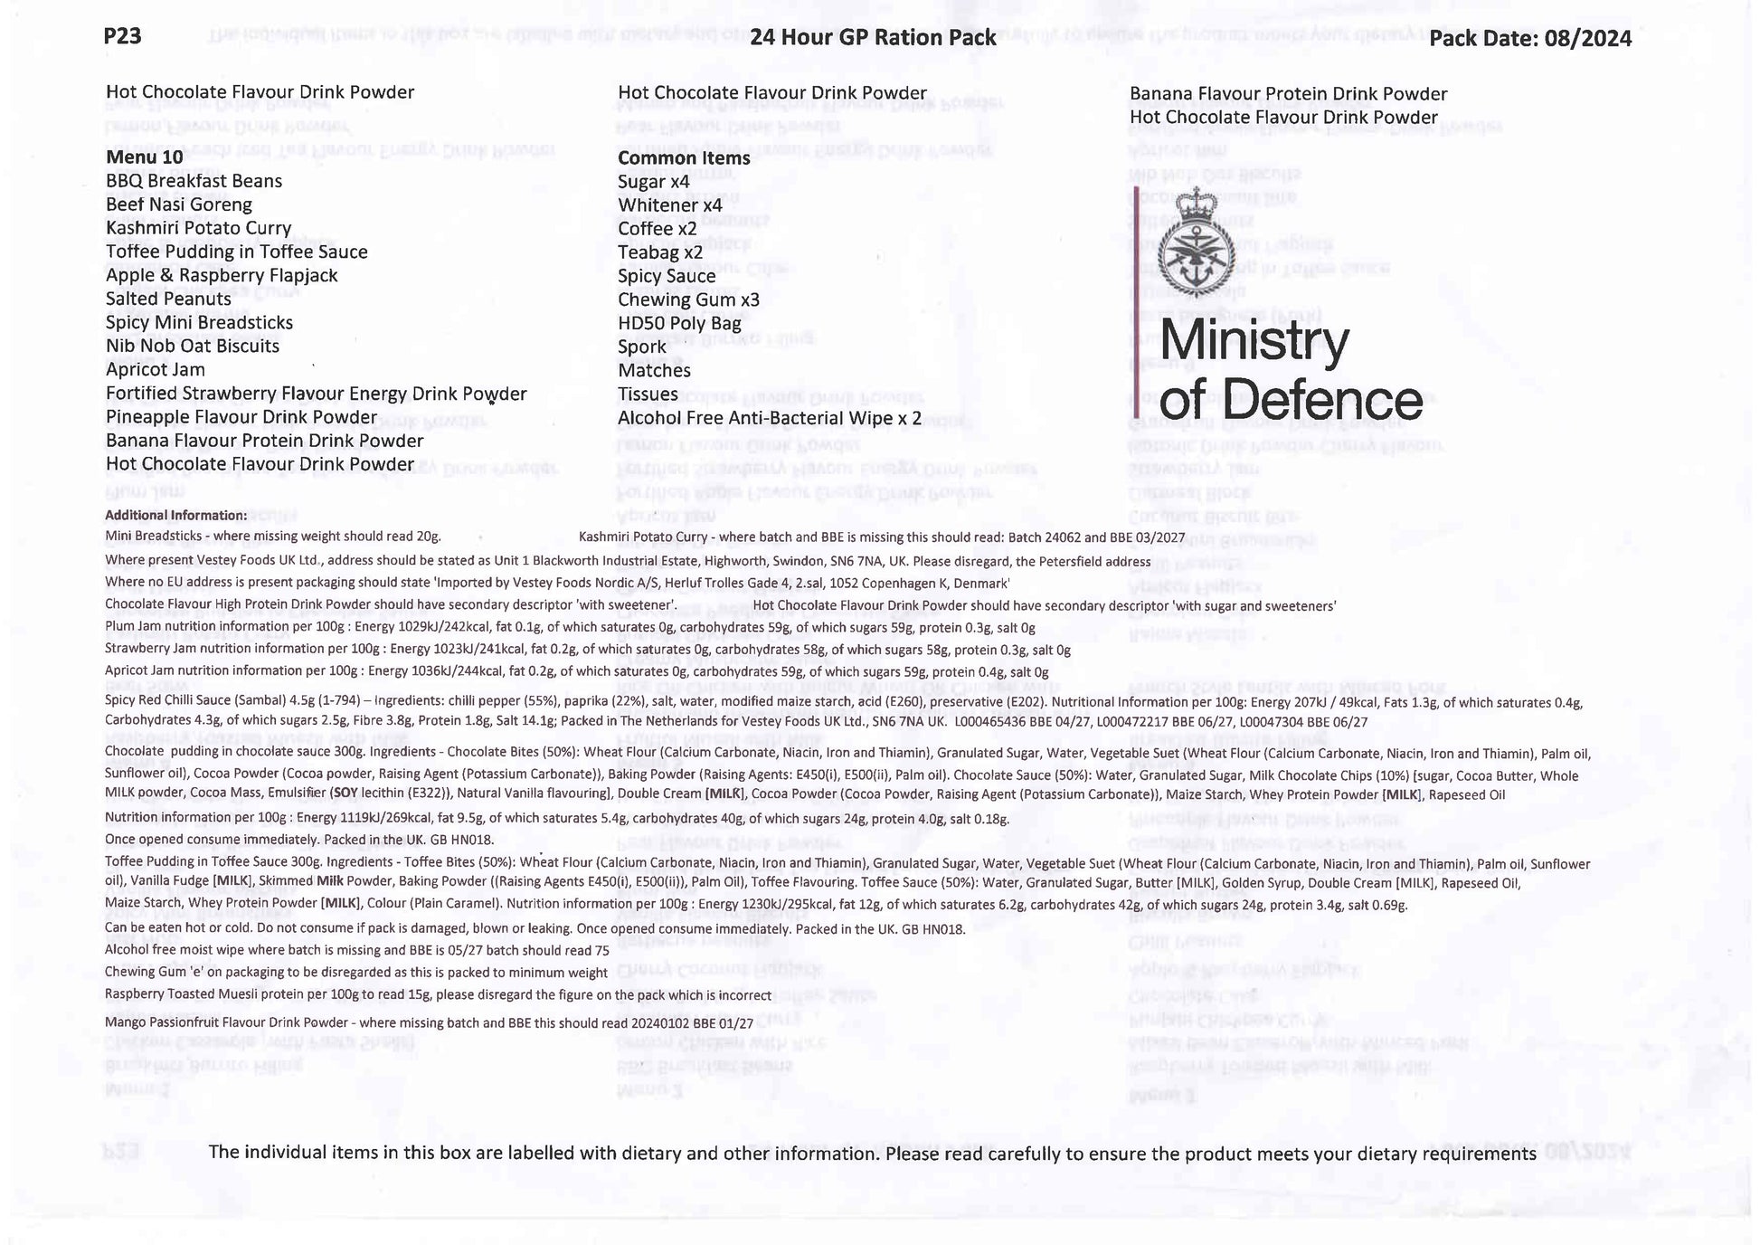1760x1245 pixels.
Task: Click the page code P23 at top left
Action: pos(122,35)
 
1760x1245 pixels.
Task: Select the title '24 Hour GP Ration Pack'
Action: pos(873,37)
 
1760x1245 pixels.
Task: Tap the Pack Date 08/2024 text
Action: pos(1530,38)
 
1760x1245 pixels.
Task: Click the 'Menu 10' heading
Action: pos(145,157)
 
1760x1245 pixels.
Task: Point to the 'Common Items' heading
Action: pos(684,157)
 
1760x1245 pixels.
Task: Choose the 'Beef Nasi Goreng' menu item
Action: pos(179,204)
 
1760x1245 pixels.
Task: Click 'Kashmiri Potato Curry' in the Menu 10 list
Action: pos(198,228)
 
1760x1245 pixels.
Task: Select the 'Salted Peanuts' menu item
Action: pos(168,299)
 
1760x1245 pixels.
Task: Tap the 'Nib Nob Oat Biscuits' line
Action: pos(193,346)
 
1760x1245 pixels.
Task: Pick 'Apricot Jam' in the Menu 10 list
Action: pos(156,369)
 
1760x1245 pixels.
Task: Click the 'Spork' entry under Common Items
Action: pos(642,347)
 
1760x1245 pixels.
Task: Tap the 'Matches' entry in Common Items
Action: pos(654,370)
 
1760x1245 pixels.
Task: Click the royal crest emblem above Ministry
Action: pos(1196,242)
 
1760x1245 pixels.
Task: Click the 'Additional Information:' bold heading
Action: pos(175,515)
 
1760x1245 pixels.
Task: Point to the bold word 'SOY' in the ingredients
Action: pos(344,794)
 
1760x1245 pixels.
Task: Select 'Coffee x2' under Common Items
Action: pos(658,229)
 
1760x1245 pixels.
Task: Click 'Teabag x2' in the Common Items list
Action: pos(660,252)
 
